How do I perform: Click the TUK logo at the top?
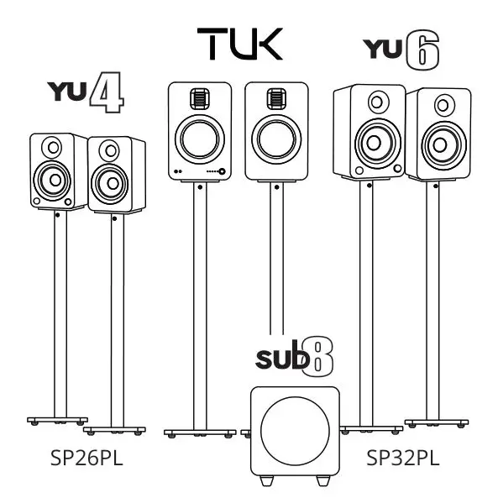(x=240, y=44)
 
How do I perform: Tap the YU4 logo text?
(x=87, y=95)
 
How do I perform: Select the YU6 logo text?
(x=401, y=52)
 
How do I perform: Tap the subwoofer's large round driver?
(x=294, y=427)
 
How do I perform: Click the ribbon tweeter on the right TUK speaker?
(x=271, y=98)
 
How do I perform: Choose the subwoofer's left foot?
(x=265, y=480)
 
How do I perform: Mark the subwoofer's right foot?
(x=323, y=480)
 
